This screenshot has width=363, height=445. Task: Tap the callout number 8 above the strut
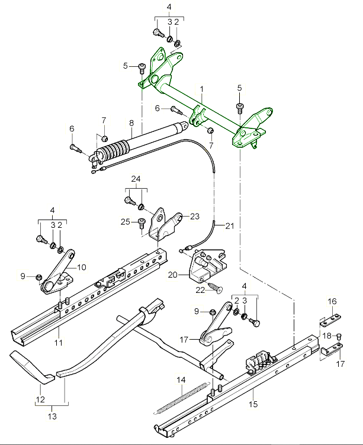click(x=131, y=124)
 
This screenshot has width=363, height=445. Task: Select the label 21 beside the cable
click(x=230, y=225)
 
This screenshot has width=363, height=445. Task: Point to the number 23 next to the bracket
click(x=195, y=216)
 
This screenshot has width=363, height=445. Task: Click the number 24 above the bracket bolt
click(x=136, y=179)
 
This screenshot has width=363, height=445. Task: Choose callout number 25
click(x=125, y=222)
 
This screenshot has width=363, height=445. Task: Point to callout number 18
click(x=326, y=336)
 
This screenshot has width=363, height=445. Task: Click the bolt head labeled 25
click(x=142, y=223)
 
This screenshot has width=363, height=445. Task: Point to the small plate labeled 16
click(x=330, y=320)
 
